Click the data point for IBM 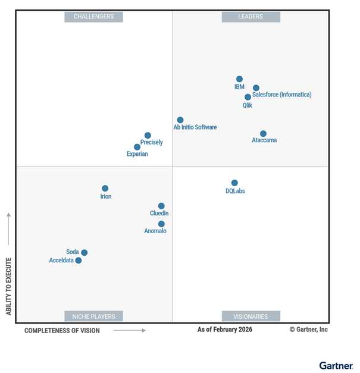239,79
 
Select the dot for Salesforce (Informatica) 256,88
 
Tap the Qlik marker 248,97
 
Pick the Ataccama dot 263,134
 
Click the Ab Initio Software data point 180,120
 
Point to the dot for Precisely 148,136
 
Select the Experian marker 137,147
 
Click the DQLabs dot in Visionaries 234,183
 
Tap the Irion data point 105,189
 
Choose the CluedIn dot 161,206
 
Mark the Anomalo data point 161,224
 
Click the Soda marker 84,253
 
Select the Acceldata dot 79,261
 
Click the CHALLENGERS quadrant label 93,17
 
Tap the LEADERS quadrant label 251,17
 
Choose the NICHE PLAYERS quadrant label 93,316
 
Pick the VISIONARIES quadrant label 251,316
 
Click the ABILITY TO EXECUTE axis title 9,286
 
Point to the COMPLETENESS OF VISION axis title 62,330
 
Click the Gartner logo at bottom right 336,365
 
